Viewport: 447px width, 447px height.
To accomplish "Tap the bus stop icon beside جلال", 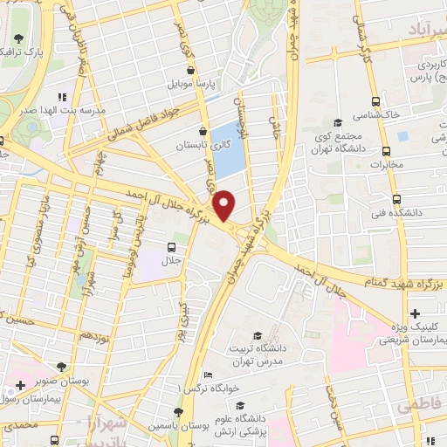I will pos(171,247).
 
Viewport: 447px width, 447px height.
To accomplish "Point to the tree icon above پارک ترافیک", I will pos(19,38).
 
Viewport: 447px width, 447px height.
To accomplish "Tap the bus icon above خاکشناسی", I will pos(375,101).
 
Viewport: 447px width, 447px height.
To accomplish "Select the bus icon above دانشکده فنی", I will pos(396,199).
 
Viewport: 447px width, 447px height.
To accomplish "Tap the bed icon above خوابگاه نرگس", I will pos(207,375).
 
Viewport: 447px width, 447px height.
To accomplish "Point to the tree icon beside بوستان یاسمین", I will pos(178,411).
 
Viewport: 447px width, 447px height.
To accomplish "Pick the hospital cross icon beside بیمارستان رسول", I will pos(19,385).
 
